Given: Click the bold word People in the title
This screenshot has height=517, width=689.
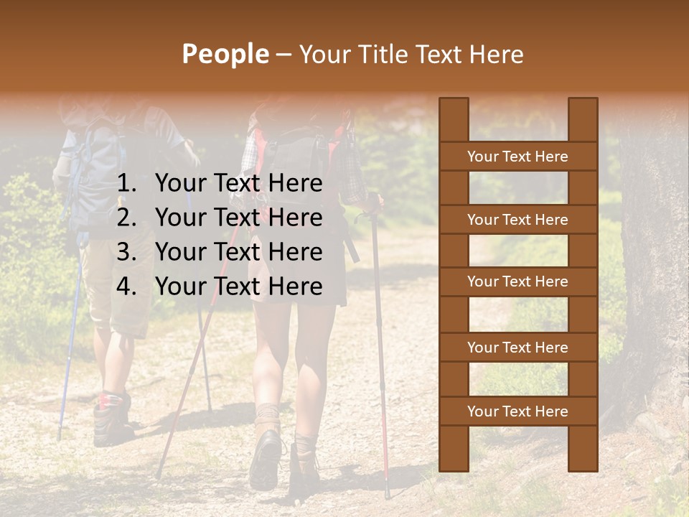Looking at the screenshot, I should pyautogui.click(x=225, y=54).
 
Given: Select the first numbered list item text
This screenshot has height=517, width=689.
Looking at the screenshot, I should pyautogui.click(x=238, y=184).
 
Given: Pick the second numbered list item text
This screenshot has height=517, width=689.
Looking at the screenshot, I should pyautogui.click(x=238, y=218).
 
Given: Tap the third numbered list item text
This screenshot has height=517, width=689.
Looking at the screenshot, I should pyautogui.click(x=238, y=252).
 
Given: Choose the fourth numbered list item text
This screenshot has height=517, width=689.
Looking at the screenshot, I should pyautogui.click(x=238, y=287).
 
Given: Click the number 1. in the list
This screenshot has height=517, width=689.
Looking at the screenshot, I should pyautogui.click(x=127, y=184).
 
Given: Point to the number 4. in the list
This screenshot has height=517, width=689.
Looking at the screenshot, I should pyautogui.click(x=127, y=287).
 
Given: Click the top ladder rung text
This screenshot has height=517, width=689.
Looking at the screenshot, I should pyautogui.click(x=517, y=157).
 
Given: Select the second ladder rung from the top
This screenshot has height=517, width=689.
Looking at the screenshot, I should pyautogui.click(x=517, y=220).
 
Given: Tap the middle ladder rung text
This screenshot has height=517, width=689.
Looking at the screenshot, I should pyautogui.click(x=517, y=282).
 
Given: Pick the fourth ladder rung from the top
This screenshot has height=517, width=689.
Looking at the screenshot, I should pyautogui.click(x=517, y=348).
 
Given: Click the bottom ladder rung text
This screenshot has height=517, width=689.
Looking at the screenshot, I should pyautogui.click(x=517, y=411).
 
